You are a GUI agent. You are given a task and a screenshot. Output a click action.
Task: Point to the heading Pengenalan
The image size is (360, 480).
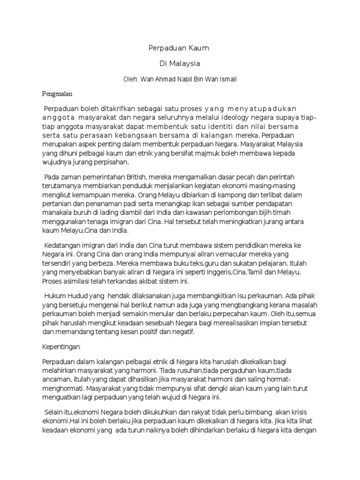click(x=59, y=94)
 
